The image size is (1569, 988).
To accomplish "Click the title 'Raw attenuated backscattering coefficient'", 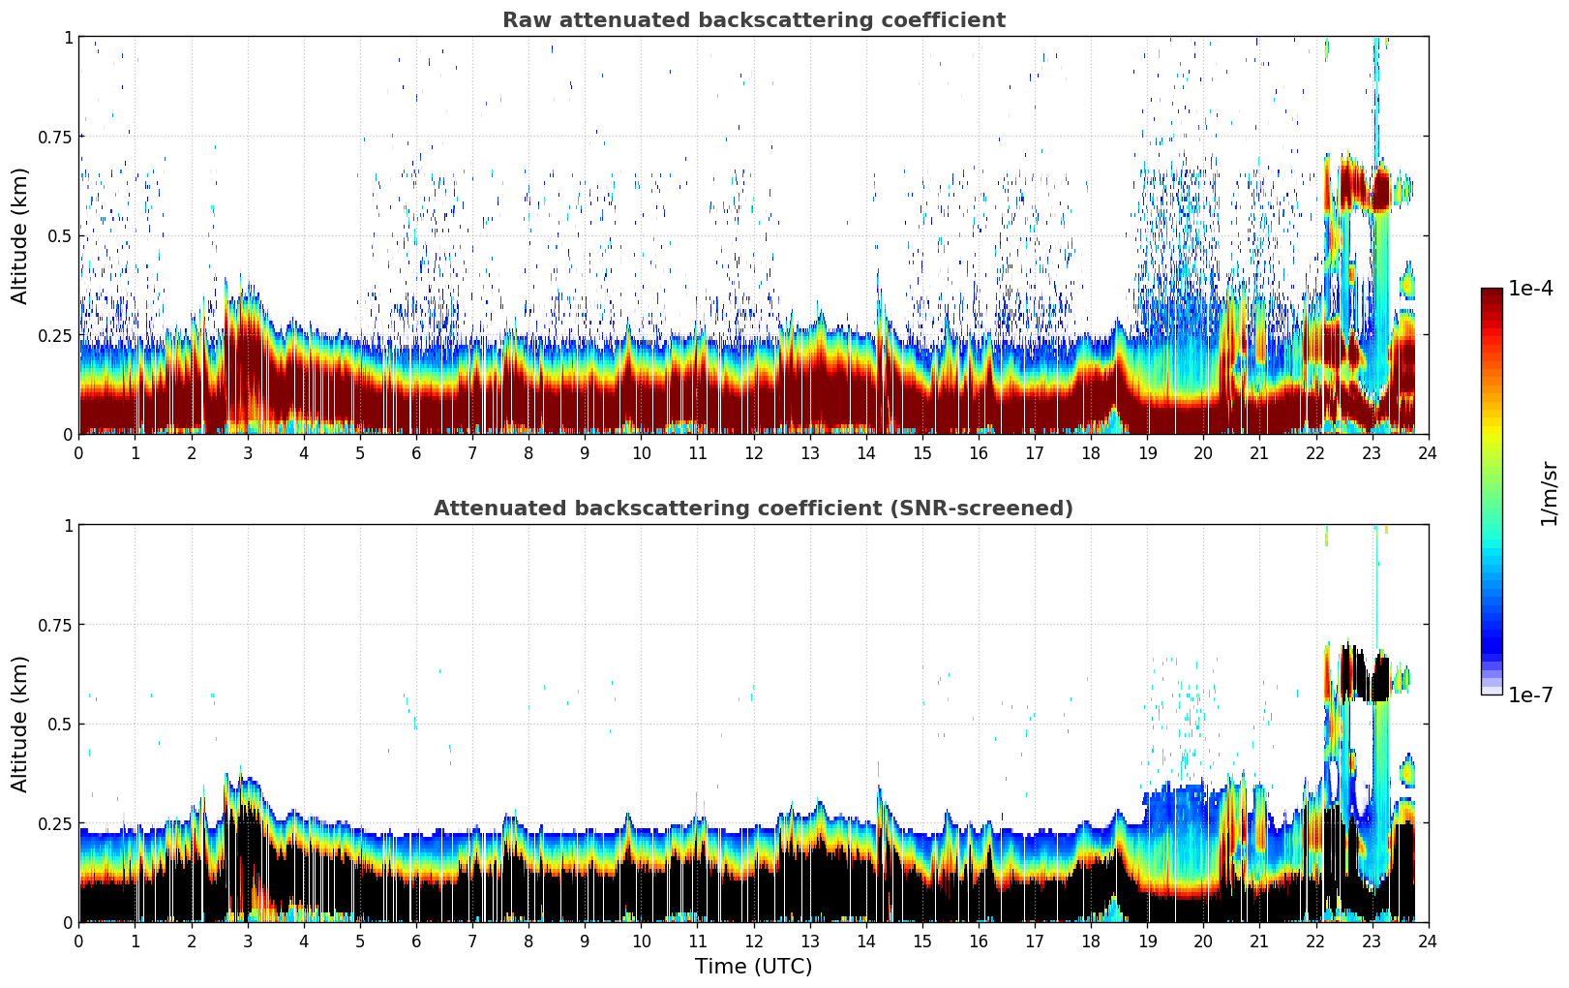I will pos(753,20).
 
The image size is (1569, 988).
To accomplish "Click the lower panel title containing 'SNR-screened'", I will pos(753,509).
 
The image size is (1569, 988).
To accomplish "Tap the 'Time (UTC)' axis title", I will pos(753,967).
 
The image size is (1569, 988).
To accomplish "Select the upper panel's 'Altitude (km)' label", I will pos(20,235).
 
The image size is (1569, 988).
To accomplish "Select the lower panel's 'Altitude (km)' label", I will pos(20,724).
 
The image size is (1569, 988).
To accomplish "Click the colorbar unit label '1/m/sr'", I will pos(1549,493).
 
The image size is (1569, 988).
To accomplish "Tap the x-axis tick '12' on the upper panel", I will pos(753,453).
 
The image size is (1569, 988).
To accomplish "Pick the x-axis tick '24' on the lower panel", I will pos(1428,942).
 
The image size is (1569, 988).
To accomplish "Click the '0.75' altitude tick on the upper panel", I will pos(54,137).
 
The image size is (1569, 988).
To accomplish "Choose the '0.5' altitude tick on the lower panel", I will pos(61,725).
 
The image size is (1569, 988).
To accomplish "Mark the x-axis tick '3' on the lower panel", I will pos(248,942).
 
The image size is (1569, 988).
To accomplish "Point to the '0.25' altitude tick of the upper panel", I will pos(54,335).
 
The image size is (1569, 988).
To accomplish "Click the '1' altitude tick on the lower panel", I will pos(68,526).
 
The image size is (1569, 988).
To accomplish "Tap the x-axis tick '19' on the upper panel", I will pos(1147,453).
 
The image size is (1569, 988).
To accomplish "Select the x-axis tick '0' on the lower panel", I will pos(79,942).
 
